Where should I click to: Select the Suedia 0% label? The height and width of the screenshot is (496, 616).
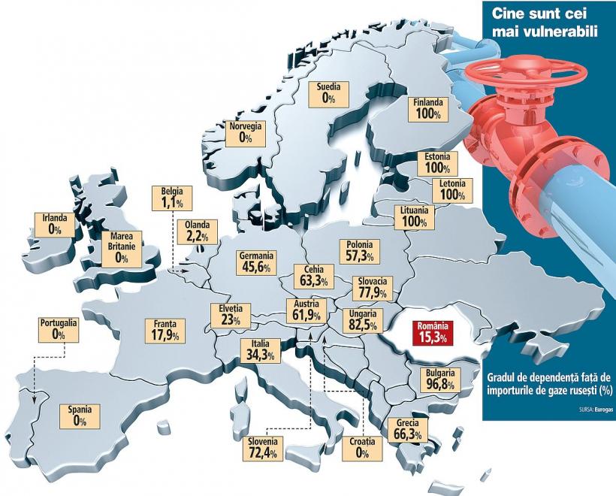point(328,92)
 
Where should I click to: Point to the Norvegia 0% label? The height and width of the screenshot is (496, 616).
point(246,132)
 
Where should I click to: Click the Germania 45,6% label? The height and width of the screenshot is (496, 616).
point(255,262)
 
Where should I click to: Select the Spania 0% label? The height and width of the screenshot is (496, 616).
point(80,416)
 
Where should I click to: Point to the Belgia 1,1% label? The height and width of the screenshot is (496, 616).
point(172,198)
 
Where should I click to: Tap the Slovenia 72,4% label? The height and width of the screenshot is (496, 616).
point(263,447)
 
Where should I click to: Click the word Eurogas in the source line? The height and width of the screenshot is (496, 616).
point(602,410)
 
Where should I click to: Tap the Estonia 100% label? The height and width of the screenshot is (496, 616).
point(436,162)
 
